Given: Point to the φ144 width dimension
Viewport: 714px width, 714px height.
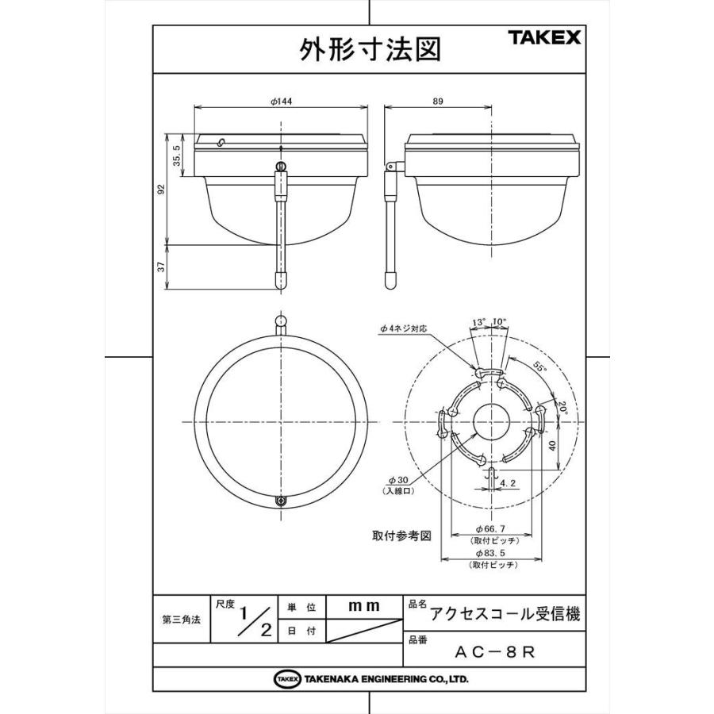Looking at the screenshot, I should point(282,102).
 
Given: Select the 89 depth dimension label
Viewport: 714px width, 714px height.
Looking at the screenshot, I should point(483,102).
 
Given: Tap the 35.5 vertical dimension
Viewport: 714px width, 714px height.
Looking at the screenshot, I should point(178,155).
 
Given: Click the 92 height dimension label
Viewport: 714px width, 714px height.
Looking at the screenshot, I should point(162,189).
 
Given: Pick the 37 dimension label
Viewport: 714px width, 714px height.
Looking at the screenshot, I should point(162,267).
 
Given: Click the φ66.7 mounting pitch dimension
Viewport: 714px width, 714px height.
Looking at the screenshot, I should point(492,528).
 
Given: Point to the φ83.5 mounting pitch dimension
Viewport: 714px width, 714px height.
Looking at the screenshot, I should point(492,552).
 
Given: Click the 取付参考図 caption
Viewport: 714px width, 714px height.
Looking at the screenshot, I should point(401,535).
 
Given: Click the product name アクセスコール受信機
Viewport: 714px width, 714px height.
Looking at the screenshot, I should point(505,614).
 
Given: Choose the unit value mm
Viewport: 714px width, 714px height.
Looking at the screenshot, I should point(364,606).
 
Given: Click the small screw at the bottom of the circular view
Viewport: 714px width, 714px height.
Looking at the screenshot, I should point(282,501).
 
